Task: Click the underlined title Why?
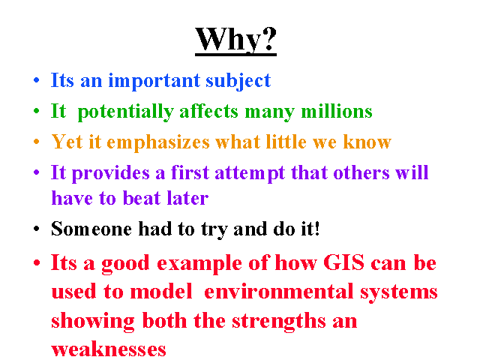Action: tap(235, 40)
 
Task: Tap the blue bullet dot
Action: tap(37, 80)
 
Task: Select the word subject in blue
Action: tap(238, 81)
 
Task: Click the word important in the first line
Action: tap(154, 81)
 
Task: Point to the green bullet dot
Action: tap(37, 111)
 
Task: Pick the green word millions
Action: tap(337, 111)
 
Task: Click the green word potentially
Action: tap(126, 112)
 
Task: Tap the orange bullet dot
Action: tap(37, 142)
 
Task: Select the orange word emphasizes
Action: tap(158, 142)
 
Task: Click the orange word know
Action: tap(367, 142)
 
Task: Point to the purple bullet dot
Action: tap(37, 172)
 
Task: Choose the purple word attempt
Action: tap(250, 173)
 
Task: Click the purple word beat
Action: tap(142, 198)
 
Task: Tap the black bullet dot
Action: tap(37, 229)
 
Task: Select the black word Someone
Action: tap(91, 229)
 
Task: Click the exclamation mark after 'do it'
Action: tap(316, 229)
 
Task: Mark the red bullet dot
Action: tap(37, 262)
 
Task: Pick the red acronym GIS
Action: tap(343, 262)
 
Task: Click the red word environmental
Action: tap(279, 291)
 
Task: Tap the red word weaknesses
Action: tap(109, 349)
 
